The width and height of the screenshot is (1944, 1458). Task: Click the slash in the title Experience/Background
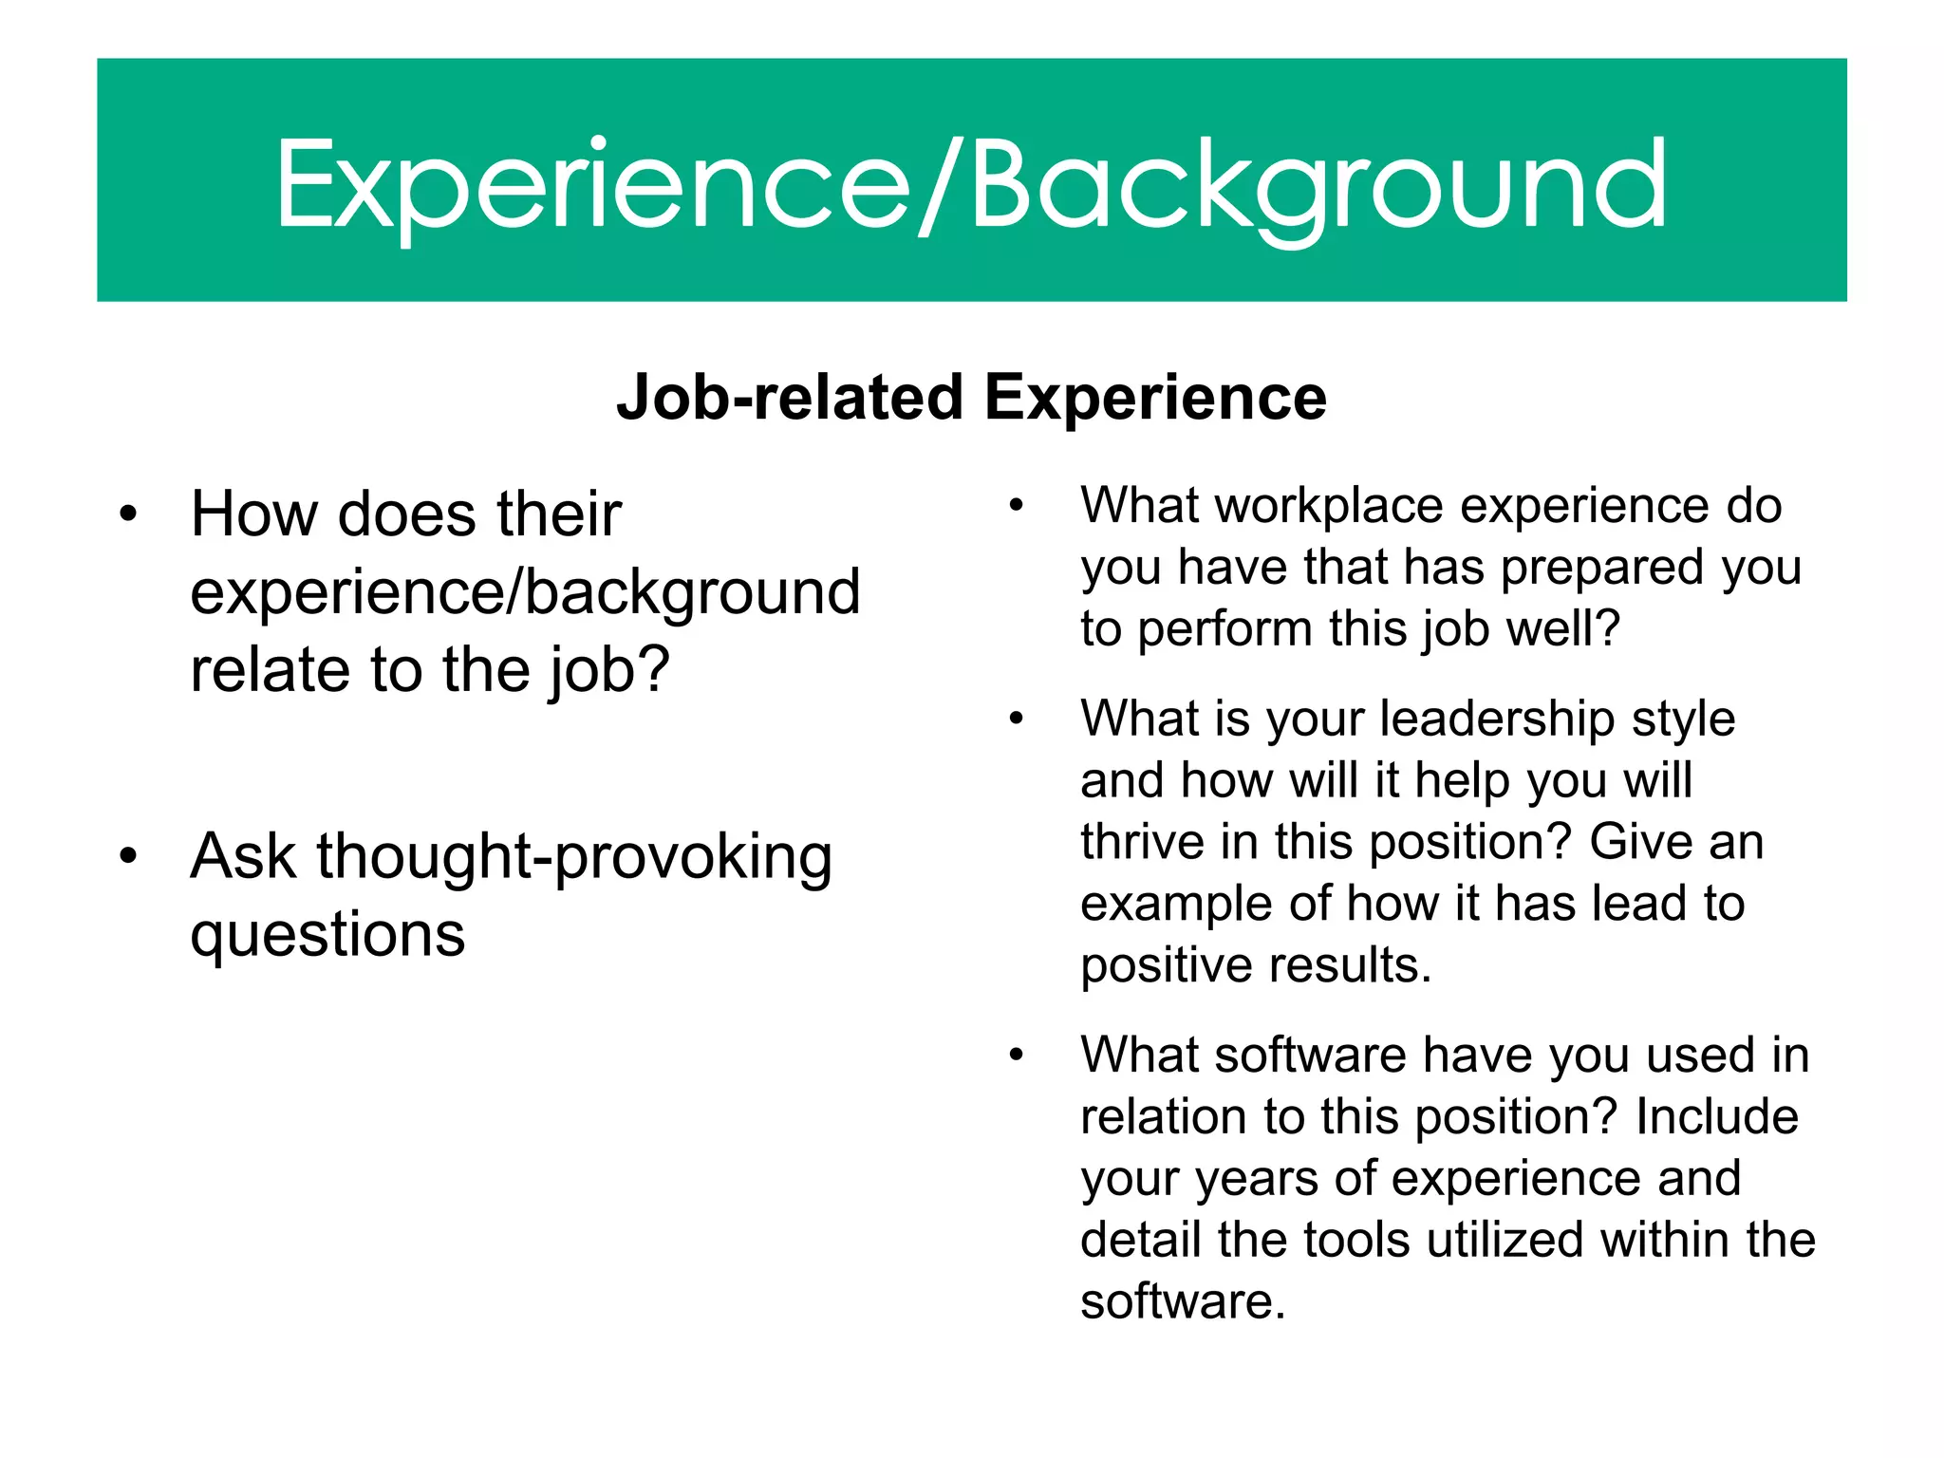[x=941, y=185]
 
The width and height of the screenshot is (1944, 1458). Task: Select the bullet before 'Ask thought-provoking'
[x=129, y=856]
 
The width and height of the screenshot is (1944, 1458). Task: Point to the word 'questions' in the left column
[x=327, y=936]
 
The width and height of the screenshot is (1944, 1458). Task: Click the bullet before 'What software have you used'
[x=1017, y=1055]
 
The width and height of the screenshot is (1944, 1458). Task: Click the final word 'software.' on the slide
[x=1183, y=1301]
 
